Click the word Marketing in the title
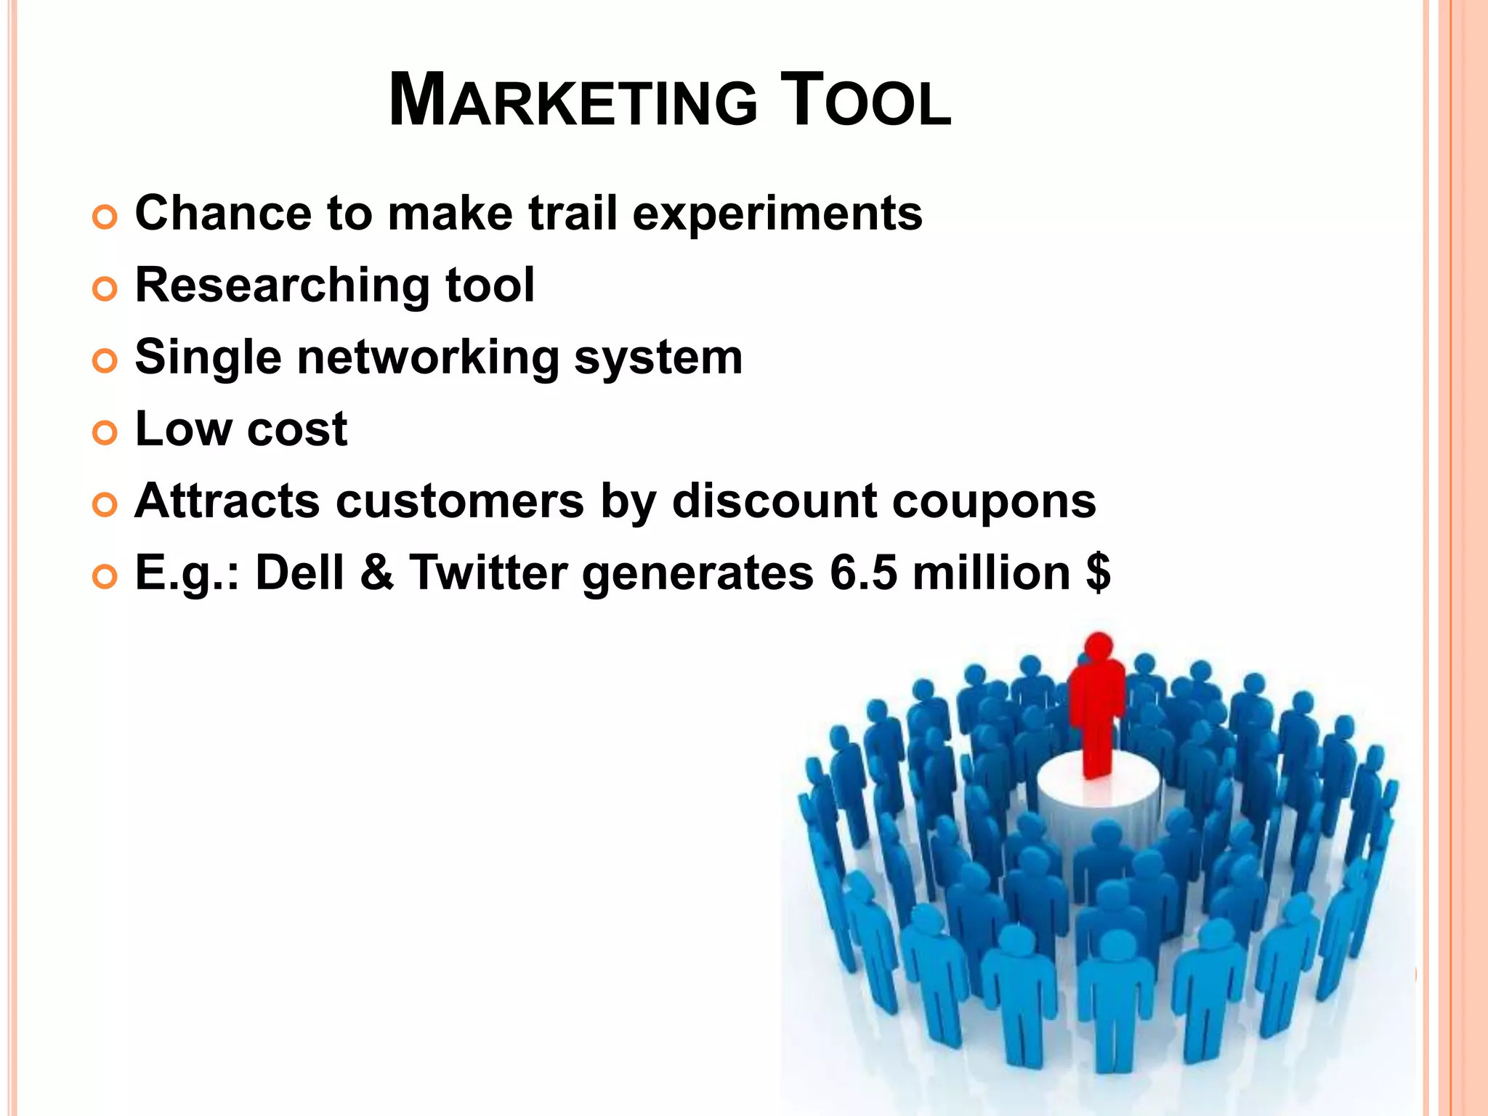pyautogui.click(x=573, y=101)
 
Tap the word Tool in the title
pyautogui.click(x=865, y=101)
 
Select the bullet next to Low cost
pyautogui.click(x=105, y=433)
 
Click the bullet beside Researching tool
pyautogui.click(x=105, y=289)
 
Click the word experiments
pyautogui.click(x=777, y=215)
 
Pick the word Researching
pyautogui.click(x=282, y=286)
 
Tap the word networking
pyautogui.click(x=429, y=358)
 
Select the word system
pyautogui.click(x=658, y=358)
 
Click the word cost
pyautogui.click(x=297, y=429)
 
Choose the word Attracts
pyautogui.click(x=227, y=501)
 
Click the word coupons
pyautogui.click(x=994, y=503)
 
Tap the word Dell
pyautogui.click(x=299, y=573)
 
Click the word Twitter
pyautogui.click(x=488, y=573)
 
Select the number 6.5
pyautogui.click(x=863, y=573)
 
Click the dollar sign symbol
pyautogui.click(x=1098, y=573)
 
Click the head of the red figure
pyautogui.click(x=1099, y=646)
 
